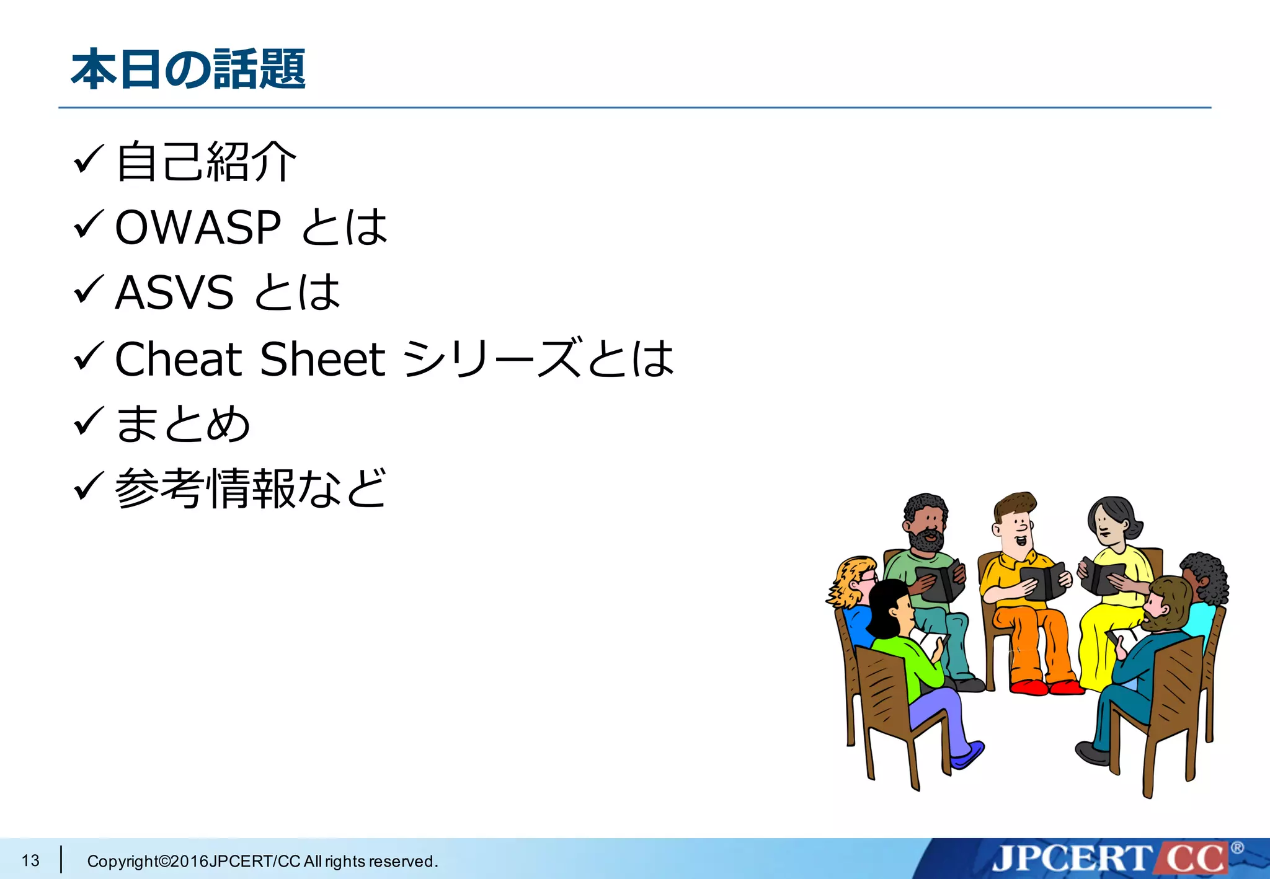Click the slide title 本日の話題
coord(188,69)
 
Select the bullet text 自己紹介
coord(206,162)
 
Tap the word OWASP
coord(198,227)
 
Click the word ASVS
coord(174,293)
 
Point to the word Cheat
coord(179,359)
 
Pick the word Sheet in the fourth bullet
coord(322,359)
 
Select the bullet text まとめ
coord(183,425)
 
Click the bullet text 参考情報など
coord(251,489)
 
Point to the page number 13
coord(30,860)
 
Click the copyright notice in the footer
coord(262,861)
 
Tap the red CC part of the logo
coord(1194,859)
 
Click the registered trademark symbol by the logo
coord(1237,847)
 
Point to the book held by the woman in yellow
coord(1101,575)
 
